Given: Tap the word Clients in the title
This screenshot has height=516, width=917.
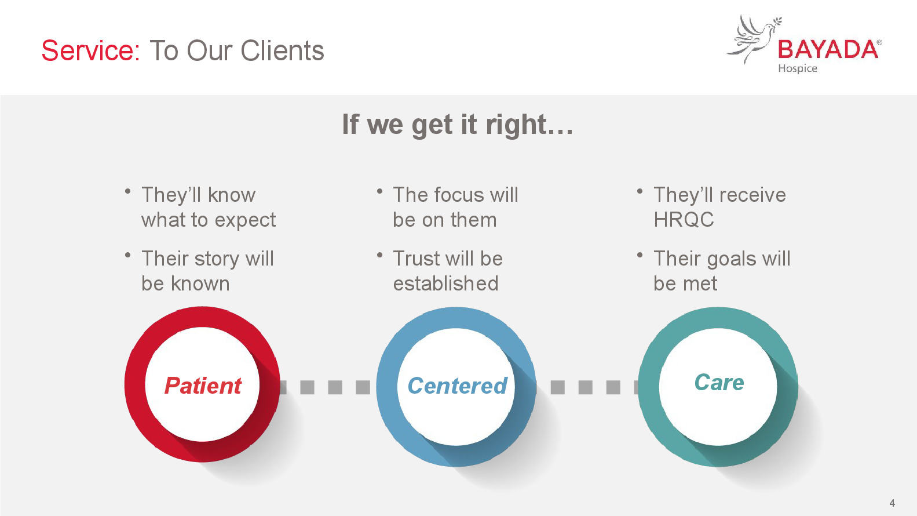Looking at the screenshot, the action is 283,51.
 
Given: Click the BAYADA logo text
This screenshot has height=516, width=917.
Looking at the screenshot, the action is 828,50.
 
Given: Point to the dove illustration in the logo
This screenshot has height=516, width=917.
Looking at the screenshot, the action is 754,39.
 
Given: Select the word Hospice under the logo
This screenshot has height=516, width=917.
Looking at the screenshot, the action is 798,68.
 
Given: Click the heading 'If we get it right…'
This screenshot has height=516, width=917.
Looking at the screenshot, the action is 458,125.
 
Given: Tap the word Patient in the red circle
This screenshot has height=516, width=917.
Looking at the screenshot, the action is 203,386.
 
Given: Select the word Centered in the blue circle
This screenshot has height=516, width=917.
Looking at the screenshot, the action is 457,386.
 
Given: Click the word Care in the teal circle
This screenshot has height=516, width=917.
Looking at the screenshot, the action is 719,383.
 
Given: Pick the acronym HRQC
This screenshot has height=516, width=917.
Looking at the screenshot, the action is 684,219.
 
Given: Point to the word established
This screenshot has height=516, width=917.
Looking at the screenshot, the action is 446,283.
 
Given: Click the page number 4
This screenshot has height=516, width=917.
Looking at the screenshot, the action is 893,503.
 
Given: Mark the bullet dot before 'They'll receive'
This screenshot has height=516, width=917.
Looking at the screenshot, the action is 640,191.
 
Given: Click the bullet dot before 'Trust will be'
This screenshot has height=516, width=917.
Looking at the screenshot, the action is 379,255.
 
